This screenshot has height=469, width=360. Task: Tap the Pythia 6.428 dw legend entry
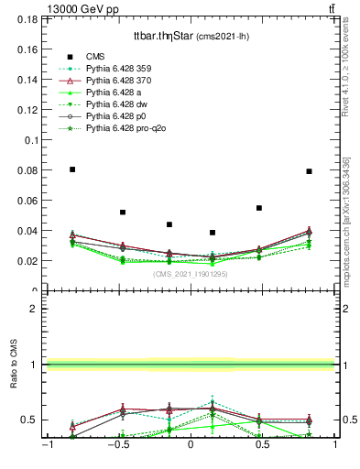121,104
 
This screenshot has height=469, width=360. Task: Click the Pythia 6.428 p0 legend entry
121,116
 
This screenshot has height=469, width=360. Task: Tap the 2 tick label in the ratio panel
36,309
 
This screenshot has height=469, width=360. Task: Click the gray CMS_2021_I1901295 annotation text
191,274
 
